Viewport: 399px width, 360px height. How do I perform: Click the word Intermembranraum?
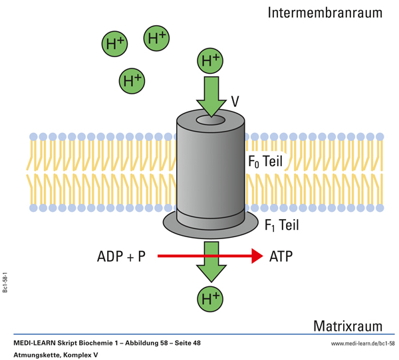click(x=325, y=13)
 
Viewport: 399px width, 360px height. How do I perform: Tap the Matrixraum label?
click(x=348, y=326)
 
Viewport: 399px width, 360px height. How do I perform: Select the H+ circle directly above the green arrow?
click(x=210, y=61)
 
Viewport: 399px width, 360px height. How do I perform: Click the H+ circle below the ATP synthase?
click(x=210, y=299)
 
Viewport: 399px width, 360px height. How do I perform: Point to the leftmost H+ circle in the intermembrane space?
click(x=114, y=45)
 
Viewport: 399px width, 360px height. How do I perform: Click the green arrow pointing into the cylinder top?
click(x=211, y=95)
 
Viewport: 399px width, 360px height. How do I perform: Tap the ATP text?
click(x=281, y=256)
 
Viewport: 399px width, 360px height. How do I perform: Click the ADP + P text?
click(x=121, y=256)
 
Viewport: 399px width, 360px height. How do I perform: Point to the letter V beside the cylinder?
click(x=235, y=102)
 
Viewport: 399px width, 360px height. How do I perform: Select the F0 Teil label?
click(x=265, y=161)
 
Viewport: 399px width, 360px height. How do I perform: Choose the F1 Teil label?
click(x=281, y=226)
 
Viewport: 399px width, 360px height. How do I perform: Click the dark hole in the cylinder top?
click(x=211, y=122)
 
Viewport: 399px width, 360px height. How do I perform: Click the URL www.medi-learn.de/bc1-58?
click(x=362, y=343)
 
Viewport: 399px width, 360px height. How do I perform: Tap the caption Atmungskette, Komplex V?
click(x=55, y=355)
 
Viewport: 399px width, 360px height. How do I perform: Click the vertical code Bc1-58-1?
click(x=6, y=282)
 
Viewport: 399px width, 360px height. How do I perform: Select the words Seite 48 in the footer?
click(x=184, y=343)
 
